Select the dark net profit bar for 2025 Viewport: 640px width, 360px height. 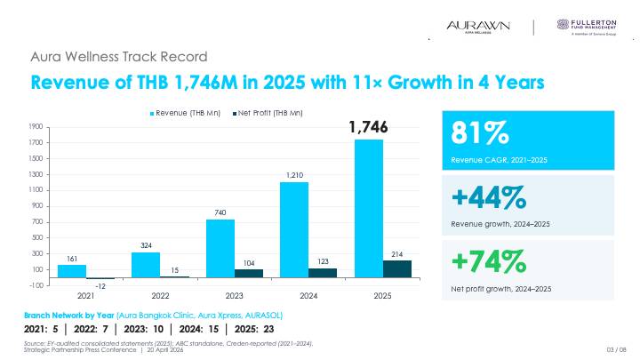(x=397, y=269)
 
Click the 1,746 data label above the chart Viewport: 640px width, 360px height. (x=369, y=130)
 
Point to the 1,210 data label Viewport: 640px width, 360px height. (x=294, y=175)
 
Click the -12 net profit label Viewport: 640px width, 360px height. (x=100, y=286)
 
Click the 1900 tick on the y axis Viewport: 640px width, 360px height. (x=36, y=127)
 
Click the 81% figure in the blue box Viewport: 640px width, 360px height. (x=481, y=133)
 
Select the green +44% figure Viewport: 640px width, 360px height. (x=489, y=196)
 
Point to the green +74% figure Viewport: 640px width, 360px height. (x=488, y=261)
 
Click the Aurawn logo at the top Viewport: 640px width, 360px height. (x=478, y=28)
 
